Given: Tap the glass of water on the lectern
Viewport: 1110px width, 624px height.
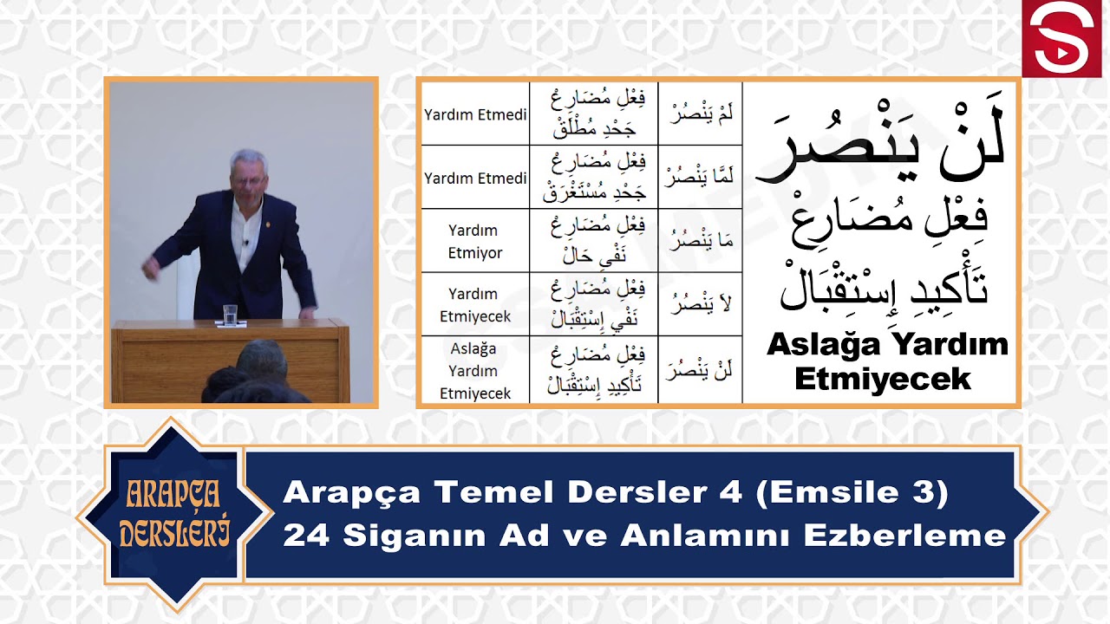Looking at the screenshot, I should coord(231,315).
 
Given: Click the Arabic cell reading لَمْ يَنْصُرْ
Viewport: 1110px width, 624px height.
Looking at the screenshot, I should coord(700,114).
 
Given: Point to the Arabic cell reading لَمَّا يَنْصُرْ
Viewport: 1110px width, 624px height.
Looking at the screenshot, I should coord(700,178).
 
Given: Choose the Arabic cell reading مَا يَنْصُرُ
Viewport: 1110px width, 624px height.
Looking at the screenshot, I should coord(700,241).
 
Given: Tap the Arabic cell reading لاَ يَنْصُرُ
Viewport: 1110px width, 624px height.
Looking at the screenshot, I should coord(700,304).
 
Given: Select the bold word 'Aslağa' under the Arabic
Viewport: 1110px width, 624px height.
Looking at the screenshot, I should coord(824,345).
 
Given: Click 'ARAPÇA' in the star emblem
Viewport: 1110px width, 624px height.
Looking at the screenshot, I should coord(173,495).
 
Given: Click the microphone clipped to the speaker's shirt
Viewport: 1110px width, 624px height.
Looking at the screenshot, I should coord(246,242).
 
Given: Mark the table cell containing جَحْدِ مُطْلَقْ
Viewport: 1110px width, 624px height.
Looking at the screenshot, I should coord(593,114).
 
